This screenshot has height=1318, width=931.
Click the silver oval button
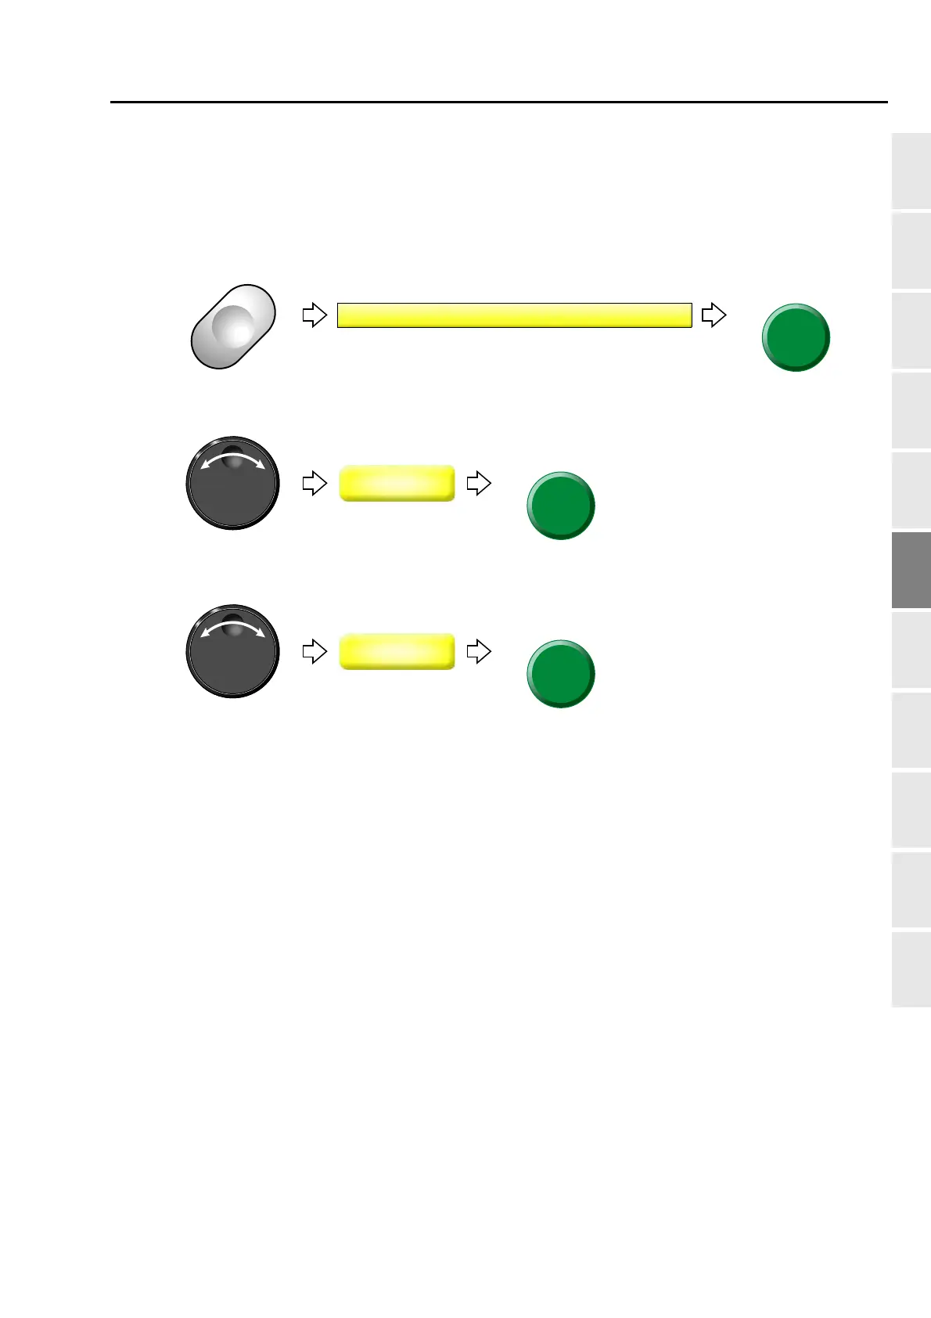pyautogui.click(x=233, y=326)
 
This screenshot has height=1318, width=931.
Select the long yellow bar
pyautogui.click(x=514, y=315)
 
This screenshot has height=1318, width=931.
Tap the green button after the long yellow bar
pyautogui.click(x=796, y=337)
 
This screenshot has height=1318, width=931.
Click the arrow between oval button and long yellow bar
pyautogui.click(x=315, y=315)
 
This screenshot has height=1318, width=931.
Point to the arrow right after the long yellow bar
pyautogui.click(x=714, y=315)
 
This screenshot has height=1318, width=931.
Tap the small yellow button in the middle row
pyautogui.click(x=397, y=483)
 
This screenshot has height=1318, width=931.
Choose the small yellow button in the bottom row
pyautogui.click(x=397, y=651)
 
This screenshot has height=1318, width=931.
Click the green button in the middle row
pyautogui.click(x=560, y=506)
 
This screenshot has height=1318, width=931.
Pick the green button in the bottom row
pyautogui.click(x=560, y=674)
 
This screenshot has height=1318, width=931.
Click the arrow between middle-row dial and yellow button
pyautogui.click(x=315, y=483)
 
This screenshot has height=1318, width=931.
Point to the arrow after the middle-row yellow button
pyautogui.click(x=478, y=483)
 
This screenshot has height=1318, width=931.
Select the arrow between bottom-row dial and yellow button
pyautogui.click(x=315, y=651)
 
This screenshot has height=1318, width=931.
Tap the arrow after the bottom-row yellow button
pyautogui.click(x=478, y=651)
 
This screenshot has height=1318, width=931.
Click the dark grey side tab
pyautogui.click(x=911, y=570)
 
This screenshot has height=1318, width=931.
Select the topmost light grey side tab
pyautogui.click(x=911, y=171)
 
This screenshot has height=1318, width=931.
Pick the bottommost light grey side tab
pyautogui.click(x=911, y=969)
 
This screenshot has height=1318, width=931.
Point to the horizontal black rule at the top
pyautogui.click(x=499, y=102)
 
